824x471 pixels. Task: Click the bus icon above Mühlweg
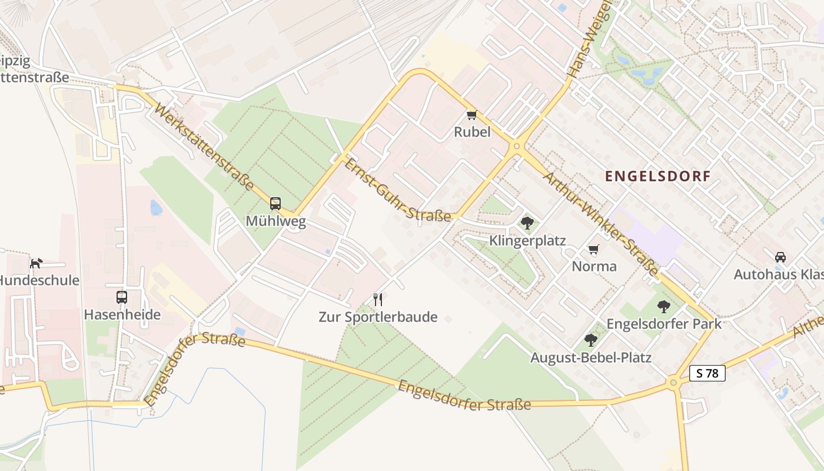click(275, 204)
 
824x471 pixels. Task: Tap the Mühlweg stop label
click(275, 221)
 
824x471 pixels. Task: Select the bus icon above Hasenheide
click(122, 297)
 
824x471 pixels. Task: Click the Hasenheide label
click(122, 314)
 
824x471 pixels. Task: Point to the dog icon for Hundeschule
click(36, 263)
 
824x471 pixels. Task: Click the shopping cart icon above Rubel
click(471, 115)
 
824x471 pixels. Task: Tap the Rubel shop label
click(471, 132)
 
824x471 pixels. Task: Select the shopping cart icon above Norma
click(594, 249)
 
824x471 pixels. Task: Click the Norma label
click(594, 266)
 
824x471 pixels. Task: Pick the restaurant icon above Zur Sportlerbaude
click(378, 300)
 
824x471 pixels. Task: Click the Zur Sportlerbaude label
click(378, 317)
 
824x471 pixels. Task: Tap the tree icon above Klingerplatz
click(527, 223)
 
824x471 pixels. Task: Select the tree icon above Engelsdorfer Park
click(664, 306)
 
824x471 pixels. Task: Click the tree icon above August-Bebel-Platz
click(590, 340)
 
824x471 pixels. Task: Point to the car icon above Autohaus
click(780, 257)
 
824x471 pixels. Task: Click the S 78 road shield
click(707, 373)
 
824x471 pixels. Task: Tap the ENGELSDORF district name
click(657, 175)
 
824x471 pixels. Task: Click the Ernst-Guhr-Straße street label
click(398, 190)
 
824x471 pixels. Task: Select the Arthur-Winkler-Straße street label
click(600, 224)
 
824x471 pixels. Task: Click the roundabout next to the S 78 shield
click(673, 383)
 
